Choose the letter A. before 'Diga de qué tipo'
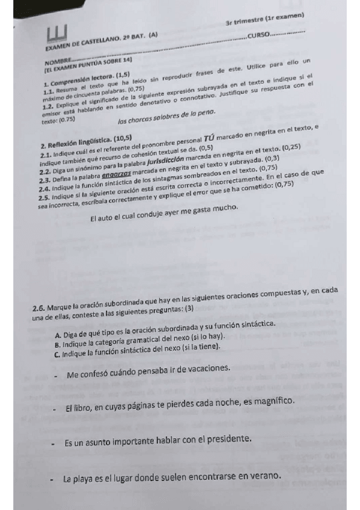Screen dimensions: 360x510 click(56, 334)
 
